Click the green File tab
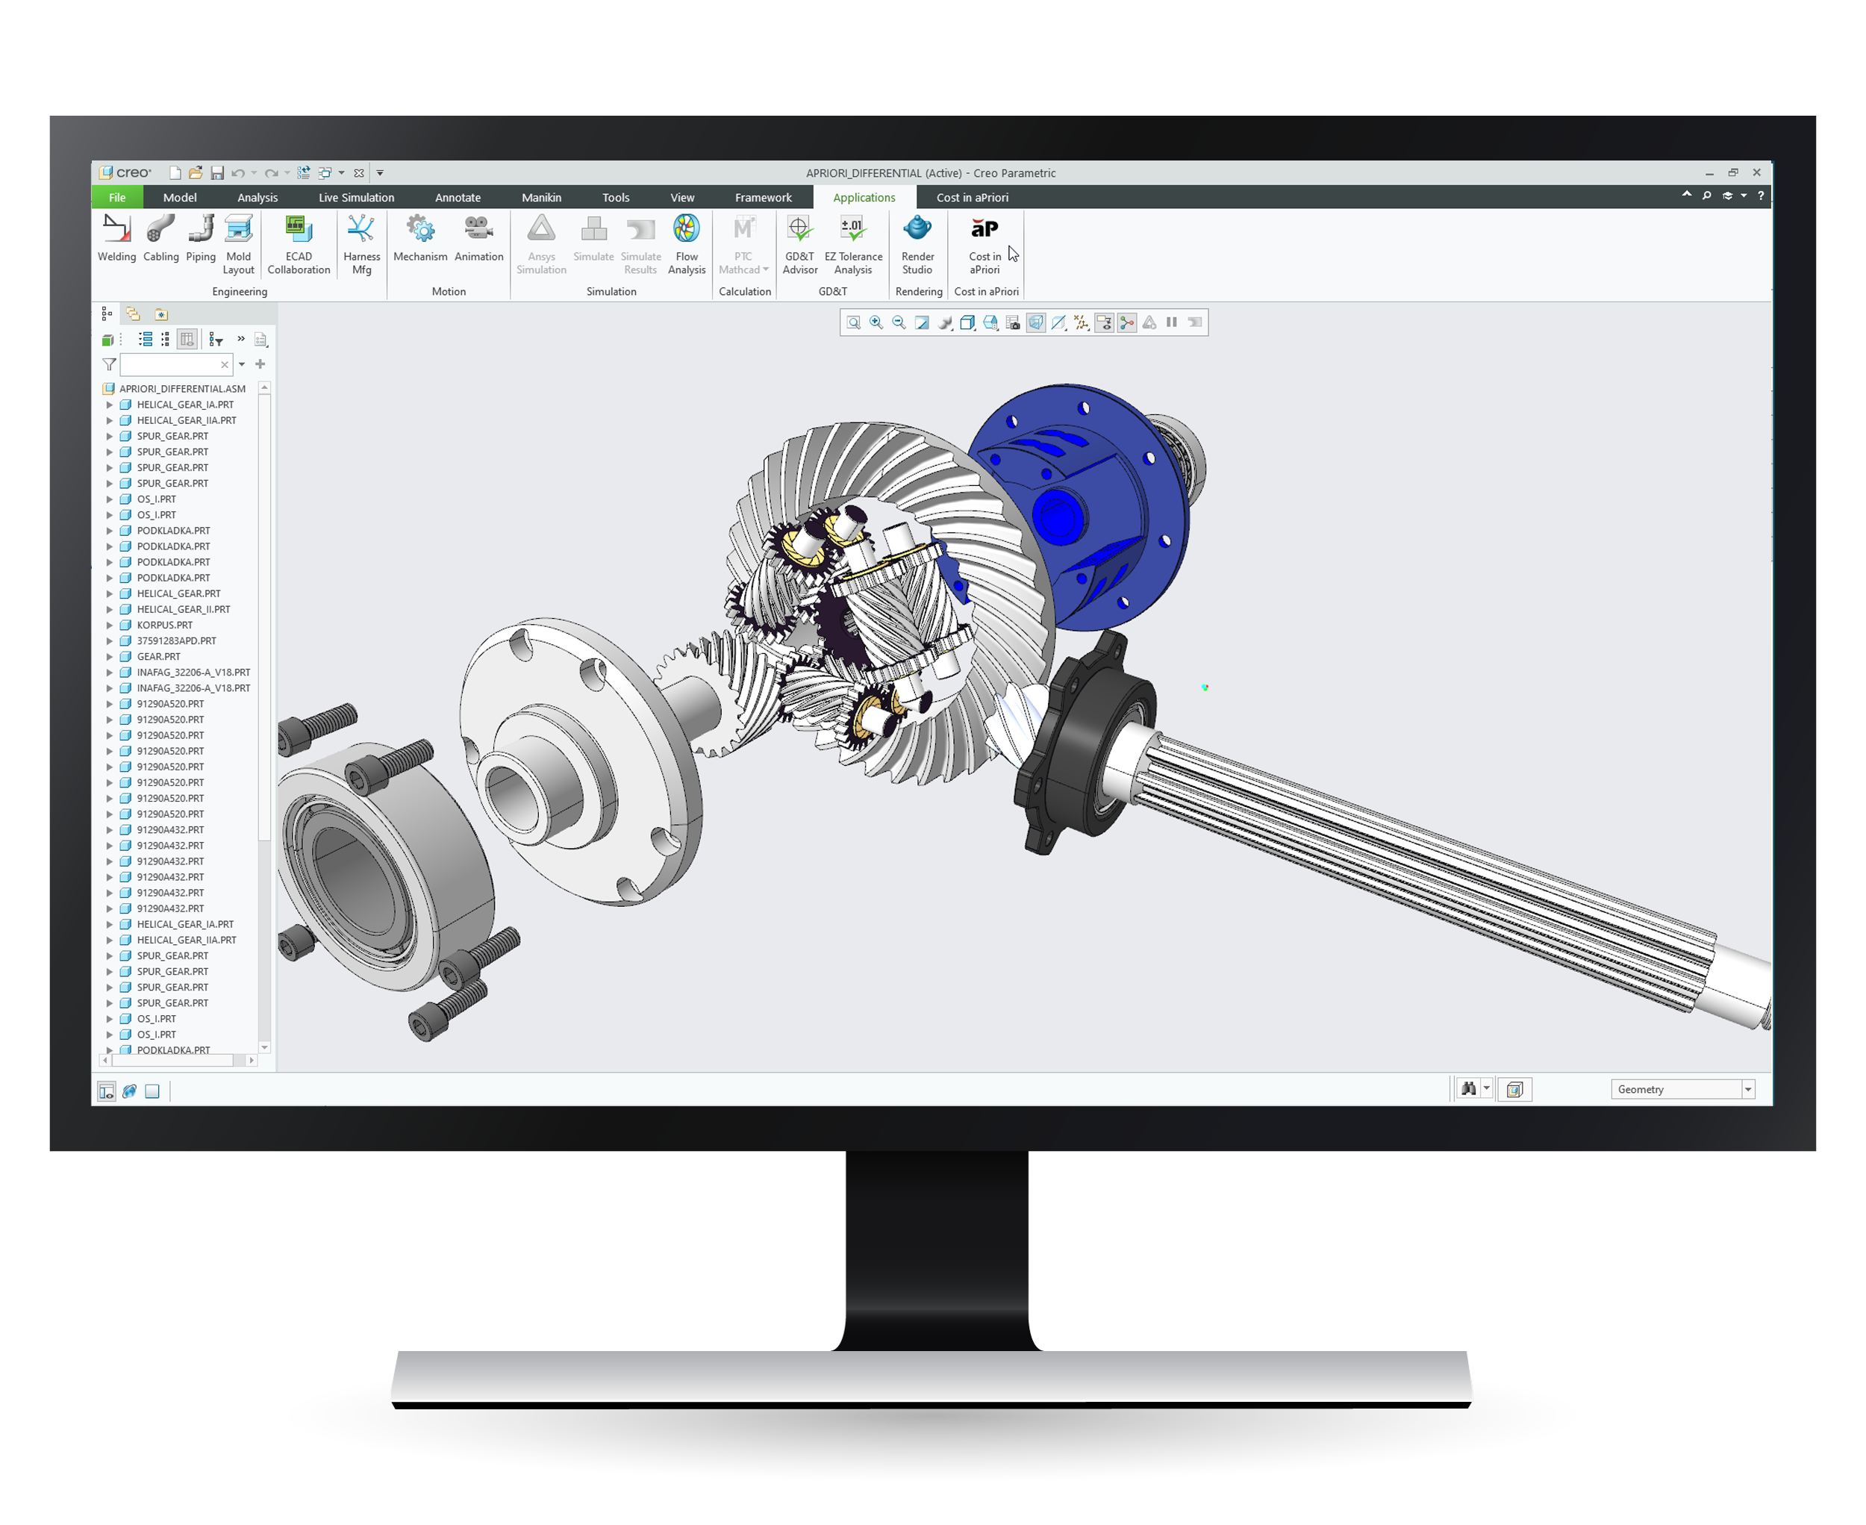pos(117,198)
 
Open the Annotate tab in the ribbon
pos(458,198)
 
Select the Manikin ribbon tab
pos(541,198)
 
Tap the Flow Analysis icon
pos(686,229)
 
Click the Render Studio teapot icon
pos(917,228)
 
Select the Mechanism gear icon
pos(421,229)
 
